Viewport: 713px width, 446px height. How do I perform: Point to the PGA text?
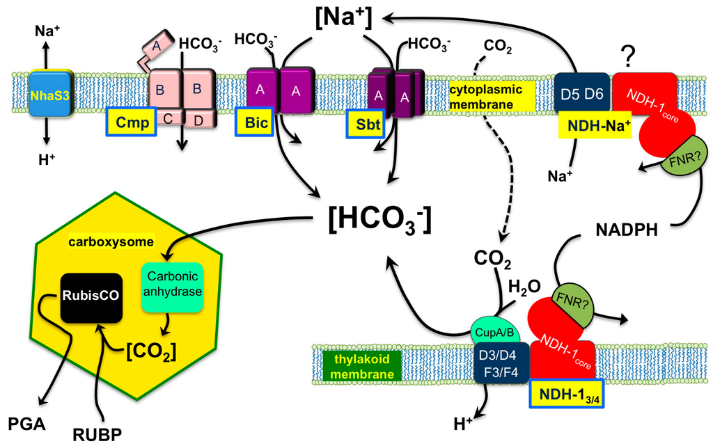point(27,424)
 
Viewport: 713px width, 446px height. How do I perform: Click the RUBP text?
point(95,434)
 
